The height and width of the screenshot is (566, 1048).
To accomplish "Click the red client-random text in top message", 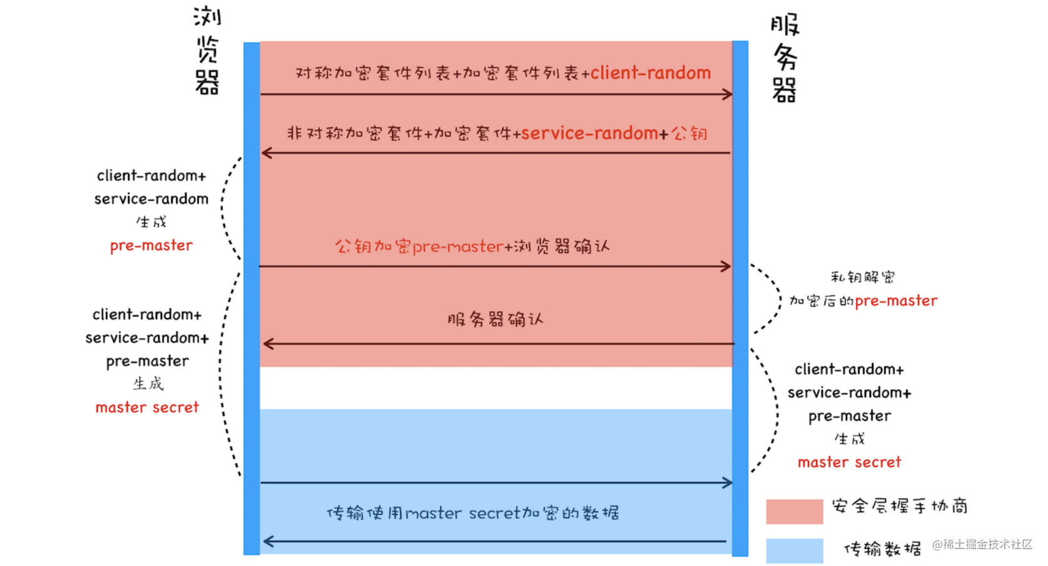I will [650, 73].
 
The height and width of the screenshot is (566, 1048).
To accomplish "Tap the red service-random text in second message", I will [589, 133].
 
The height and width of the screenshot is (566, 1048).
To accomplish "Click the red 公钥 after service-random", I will [689, 133].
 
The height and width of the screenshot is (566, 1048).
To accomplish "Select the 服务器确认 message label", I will [495, 320].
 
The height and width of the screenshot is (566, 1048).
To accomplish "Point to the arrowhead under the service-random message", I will [267, 153].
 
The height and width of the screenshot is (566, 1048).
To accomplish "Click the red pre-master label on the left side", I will [151, 246].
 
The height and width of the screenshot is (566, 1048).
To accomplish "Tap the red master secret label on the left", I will [147, 408].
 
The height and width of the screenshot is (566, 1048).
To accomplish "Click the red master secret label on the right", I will [849, 462].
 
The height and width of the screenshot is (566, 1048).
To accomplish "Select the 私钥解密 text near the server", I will [862, 277].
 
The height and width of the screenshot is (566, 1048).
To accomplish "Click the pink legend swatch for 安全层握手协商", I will [794, 511].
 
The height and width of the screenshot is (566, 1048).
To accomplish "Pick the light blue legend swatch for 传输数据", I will [794, 551].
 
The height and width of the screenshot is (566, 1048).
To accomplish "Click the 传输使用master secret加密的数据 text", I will [473, 513].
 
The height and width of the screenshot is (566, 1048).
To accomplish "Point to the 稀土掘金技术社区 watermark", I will [982, 544].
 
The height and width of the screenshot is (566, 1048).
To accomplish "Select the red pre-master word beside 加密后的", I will [896, 301].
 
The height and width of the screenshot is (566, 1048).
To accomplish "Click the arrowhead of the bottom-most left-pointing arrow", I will [268, 542].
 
